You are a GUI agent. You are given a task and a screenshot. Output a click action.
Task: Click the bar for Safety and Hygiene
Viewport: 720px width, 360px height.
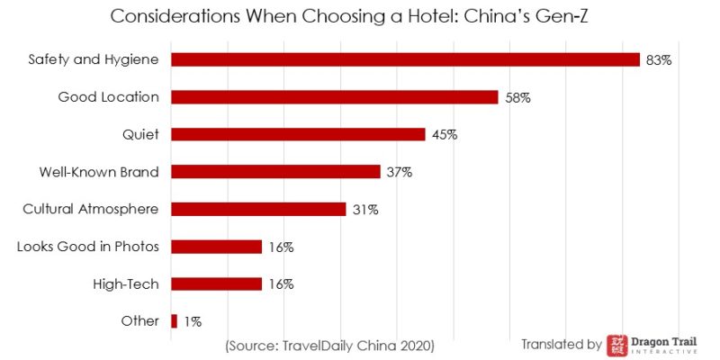(x=405, y=59)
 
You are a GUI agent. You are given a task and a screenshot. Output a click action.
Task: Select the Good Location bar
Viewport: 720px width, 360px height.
(x=334, y=97)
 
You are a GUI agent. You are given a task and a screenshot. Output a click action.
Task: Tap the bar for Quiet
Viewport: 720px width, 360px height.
(x=298, y=134)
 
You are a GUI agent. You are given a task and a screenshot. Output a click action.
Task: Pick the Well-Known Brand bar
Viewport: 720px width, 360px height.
(x=275, y=172)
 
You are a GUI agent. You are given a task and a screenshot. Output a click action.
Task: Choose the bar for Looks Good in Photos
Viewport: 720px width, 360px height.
(x=216, y=247)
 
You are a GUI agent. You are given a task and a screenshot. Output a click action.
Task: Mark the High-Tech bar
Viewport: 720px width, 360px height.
(x=216, y=283)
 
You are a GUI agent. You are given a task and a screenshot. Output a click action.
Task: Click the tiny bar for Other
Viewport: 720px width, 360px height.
(x=174, y=321)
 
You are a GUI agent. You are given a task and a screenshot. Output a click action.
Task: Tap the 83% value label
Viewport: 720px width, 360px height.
(x=659, y=60)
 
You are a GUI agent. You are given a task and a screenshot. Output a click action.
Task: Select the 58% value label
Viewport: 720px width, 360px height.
(x=517, y=97)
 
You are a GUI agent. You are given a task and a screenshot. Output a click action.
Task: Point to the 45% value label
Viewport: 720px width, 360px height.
(x=445, y=135)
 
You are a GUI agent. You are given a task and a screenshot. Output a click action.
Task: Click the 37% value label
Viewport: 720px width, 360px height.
(x=399, y=172)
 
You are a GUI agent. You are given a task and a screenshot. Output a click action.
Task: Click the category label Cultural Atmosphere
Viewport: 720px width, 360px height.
(x=90, y=209)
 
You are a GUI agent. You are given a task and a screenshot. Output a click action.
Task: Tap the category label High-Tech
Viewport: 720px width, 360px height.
(x=126, y=283)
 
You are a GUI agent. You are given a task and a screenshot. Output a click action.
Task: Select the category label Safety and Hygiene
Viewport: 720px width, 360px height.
(x=94, y=59)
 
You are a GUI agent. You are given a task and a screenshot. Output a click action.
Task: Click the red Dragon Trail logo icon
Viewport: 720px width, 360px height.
(x=618, y=345)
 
